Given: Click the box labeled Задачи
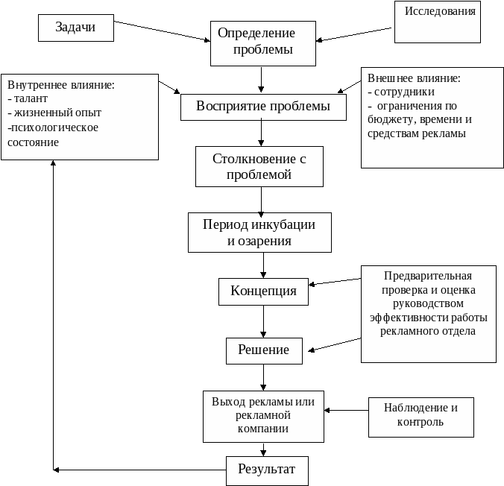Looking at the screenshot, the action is coord(76,28).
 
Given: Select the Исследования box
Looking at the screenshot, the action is coord(438,22).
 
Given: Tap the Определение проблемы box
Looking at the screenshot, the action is coord(263,43).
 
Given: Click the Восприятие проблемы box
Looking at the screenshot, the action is coord(263,107).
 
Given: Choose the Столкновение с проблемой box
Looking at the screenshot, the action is coord(259,166).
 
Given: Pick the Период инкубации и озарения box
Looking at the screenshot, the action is coord(259,233).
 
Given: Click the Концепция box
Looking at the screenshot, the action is coord(264,291).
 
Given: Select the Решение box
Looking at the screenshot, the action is coord(264,350).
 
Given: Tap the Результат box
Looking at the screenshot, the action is coord(267,470).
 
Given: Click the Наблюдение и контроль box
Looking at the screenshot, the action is coord(421,417).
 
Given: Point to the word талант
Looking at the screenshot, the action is coord(31,98).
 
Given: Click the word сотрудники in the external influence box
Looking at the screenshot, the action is coord(404,92).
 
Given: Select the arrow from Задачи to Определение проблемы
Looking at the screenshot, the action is coord(162,31).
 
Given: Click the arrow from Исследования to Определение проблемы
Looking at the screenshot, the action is coord(353,34).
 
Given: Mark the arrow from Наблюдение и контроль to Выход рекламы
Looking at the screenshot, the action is coord(346,410).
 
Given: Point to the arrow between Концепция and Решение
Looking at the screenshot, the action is coord(264,321).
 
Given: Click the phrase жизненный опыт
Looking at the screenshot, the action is coord(58,113).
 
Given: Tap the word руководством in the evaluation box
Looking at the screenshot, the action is coord(428,304).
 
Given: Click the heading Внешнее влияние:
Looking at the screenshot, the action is coord(414,78).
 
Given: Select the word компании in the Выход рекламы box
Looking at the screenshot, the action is coord(263,429).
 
